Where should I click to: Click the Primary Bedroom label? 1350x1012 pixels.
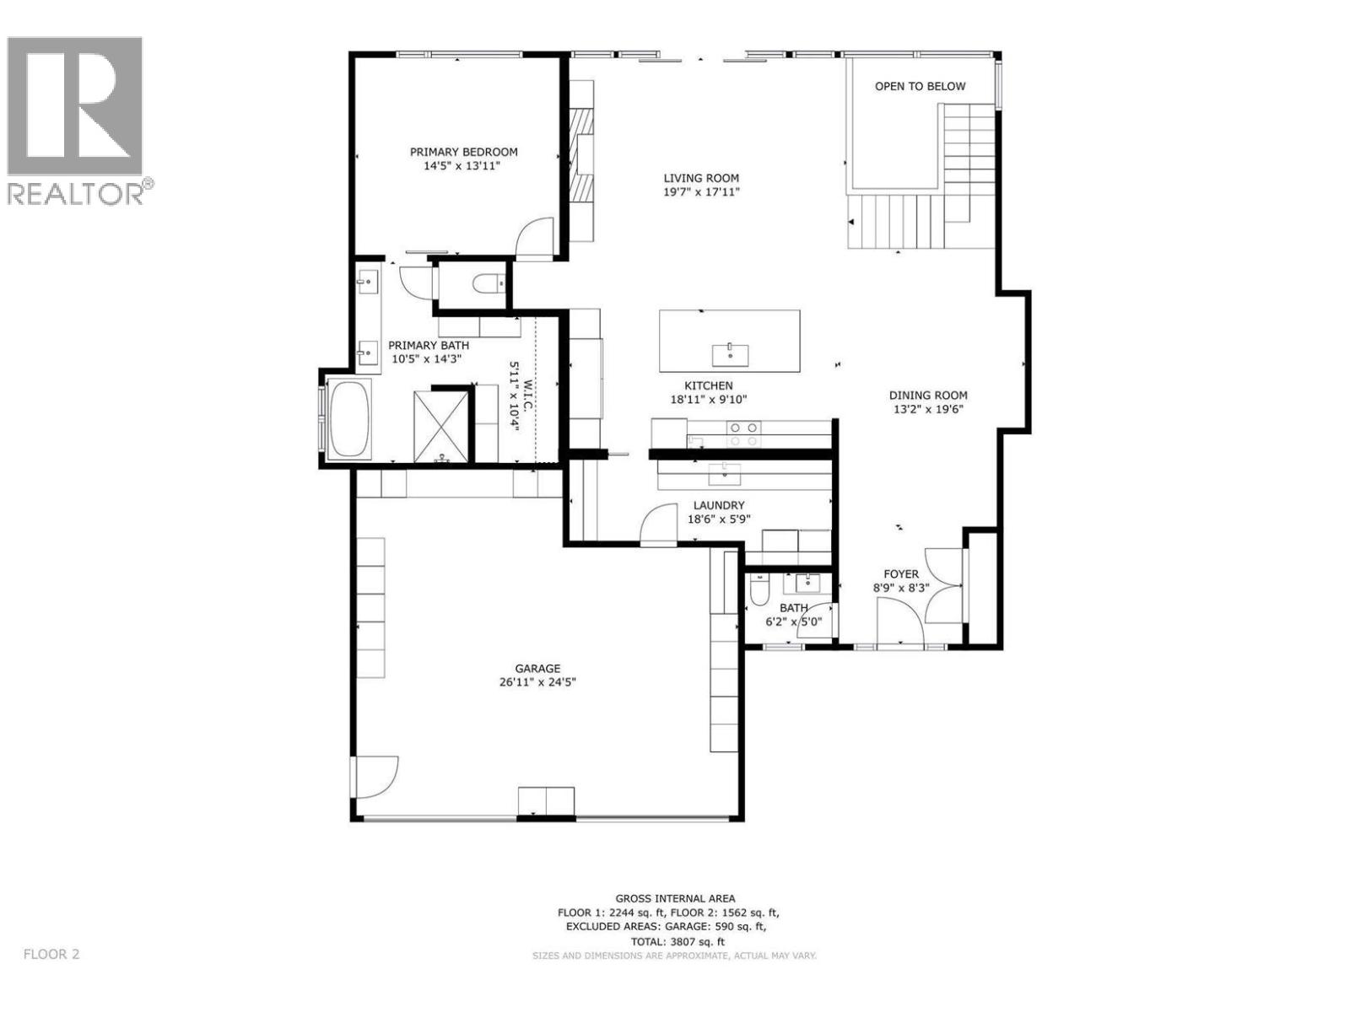tap(463, 152)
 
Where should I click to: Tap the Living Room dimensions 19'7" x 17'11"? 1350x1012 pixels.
tap(701, 192)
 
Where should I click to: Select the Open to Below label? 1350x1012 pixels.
tap(920, 86)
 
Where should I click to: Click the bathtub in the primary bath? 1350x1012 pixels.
tap(349, 417)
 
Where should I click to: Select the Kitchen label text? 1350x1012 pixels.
tap(708, 385)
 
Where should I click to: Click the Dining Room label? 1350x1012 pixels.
tap(928, 395)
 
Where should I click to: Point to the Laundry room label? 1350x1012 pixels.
tap(719, 505)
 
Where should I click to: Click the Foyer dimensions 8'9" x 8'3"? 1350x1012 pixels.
tap(900, 588)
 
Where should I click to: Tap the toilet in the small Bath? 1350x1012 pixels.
tap(758, 591)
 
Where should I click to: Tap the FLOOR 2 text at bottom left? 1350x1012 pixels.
tap(51, 954)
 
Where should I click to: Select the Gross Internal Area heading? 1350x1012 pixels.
tap(674, 899)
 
